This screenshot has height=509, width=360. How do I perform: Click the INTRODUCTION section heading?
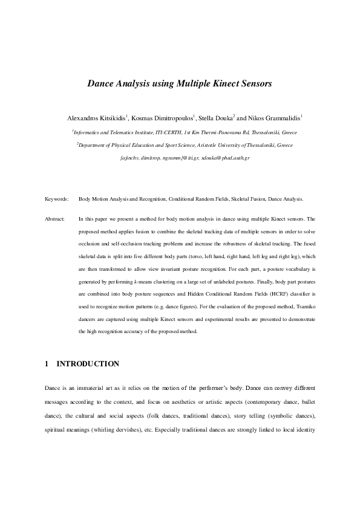pyautogui.click(x=88, y=364)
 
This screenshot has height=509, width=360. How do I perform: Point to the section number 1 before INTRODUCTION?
pyautogui.click(x=47, y=364)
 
